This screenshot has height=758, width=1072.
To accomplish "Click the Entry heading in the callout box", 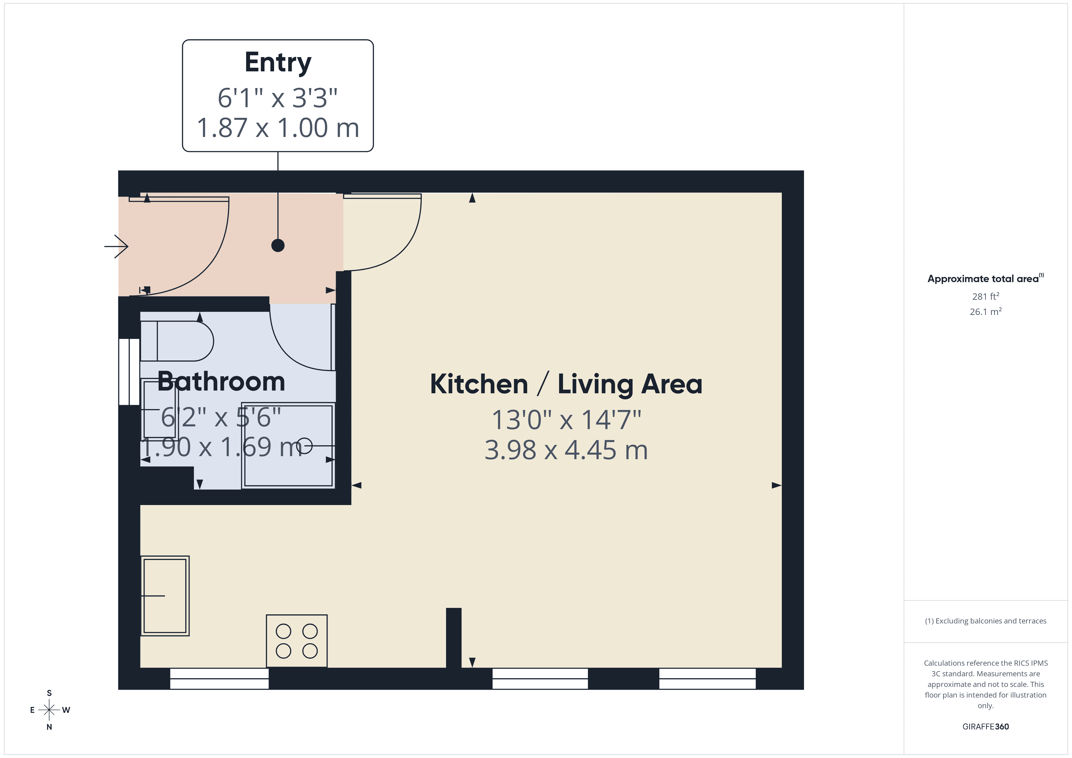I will [278, 63].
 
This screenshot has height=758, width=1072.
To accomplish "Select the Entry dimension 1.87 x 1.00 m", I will [278, 128].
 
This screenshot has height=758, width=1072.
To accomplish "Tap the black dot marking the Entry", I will [278, 245].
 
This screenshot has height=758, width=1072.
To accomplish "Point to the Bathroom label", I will [221, 382].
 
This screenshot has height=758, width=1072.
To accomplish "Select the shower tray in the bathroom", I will [288, 445].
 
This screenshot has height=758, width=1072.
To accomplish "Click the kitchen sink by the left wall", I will [165, 596].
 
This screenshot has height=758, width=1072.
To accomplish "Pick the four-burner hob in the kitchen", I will [297, 641].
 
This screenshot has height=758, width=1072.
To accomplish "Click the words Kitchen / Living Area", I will [566, 384].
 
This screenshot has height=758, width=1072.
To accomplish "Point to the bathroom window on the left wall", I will [129, 371].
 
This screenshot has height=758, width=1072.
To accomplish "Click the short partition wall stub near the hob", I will [453, 637].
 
